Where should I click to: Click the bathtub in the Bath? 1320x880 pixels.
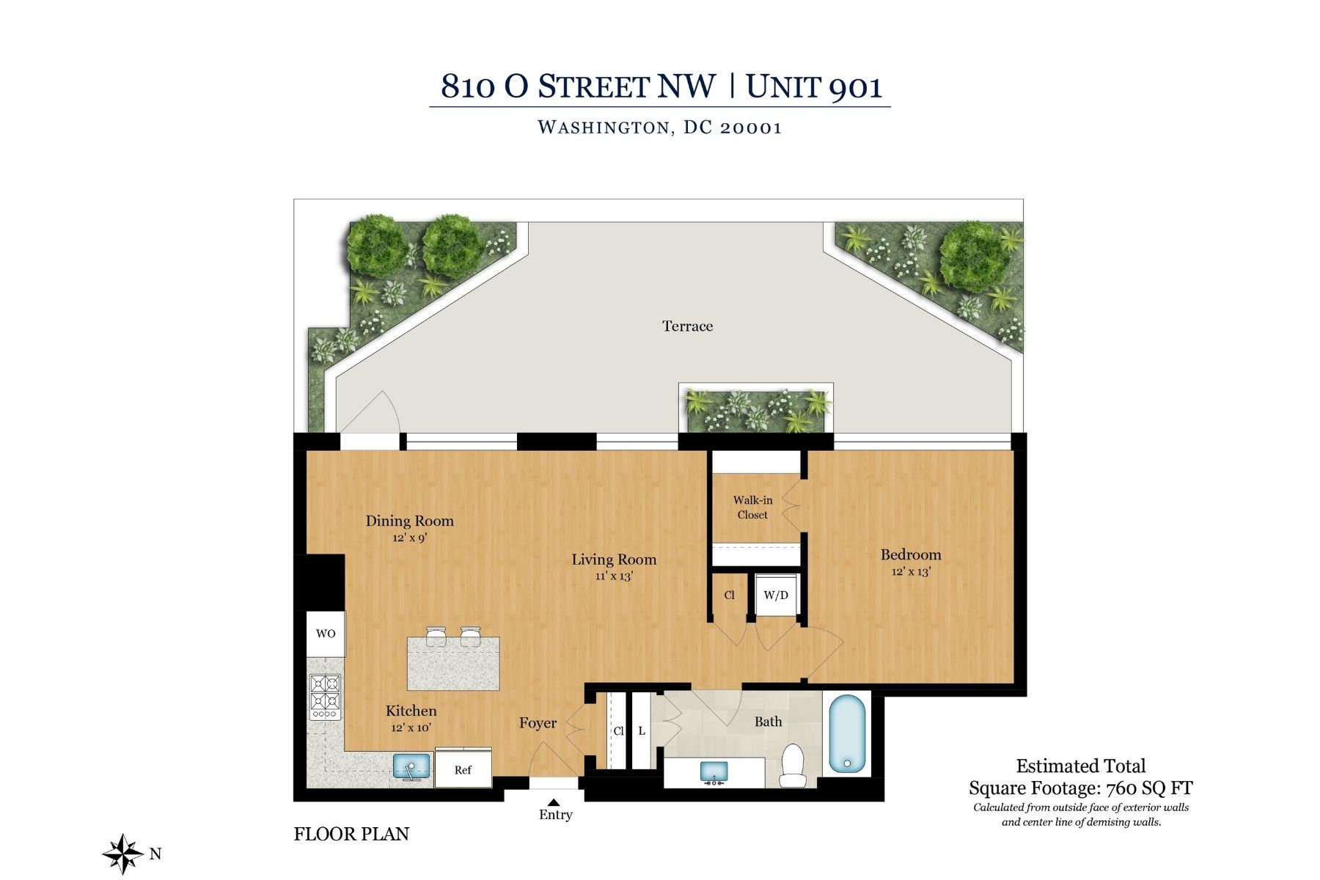coord(847,733)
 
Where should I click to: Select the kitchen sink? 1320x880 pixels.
coord(411,767)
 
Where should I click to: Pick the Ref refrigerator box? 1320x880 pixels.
coord(463,769)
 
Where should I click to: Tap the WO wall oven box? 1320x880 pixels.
coord(326,634)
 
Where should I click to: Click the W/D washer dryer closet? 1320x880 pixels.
coord(776,595)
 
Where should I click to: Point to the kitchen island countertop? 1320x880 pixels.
coord(453,664)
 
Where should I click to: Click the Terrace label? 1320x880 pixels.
coord(687,326)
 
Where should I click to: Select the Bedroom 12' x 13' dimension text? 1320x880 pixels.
coord(911,572)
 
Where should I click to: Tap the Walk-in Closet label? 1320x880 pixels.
coord(752,507)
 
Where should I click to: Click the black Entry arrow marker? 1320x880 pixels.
coord(554,802)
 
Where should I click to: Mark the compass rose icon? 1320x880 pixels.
coord(122,854)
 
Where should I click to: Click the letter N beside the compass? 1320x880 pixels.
coord(155,854)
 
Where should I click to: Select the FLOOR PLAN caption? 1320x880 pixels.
coord(351,834)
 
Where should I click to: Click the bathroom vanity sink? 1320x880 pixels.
coord(714,772)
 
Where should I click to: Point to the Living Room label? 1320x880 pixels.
coord(614,560)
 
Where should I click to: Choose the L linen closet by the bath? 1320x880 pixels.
coord(642,731)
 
